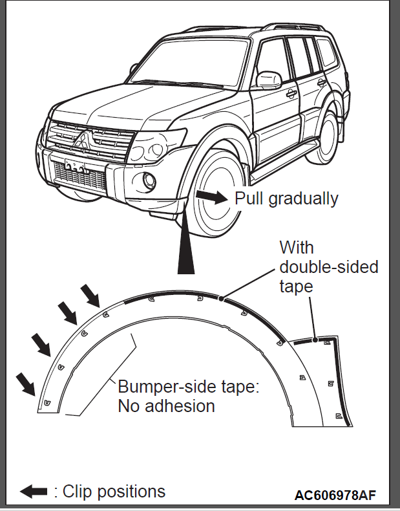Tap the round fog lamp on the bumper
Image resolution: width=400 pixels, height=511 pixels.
coord(149,181)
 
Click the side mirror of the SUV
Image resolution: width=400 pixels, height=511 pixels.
coord(269,80)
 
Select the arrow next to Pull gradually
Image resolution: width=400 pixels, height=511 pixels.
coord(211,197)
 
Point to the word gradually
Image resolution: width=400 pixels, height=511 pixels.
coord(303,199)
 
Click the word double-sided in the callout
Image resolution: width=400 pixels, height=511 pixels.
coord(329,267)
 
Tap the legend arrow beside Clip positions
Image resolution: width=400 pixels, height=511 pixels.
coord(34,491)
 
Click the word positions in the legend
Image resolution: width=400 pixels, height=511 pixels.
coord(131,492)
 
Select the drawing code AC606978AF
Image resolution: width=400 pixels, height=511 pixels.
coord(335,495)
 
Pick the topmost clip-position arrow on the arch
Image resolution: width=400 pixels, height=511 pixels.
coord(90,296)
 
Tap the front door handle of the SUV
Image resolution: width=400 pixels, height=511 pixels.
coord(291,94)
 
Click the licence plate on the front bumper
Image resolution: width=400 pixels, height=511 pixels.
coord(75,166)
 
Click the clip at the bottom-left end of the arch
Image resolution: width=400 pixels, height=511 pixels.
coord(48,403)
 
